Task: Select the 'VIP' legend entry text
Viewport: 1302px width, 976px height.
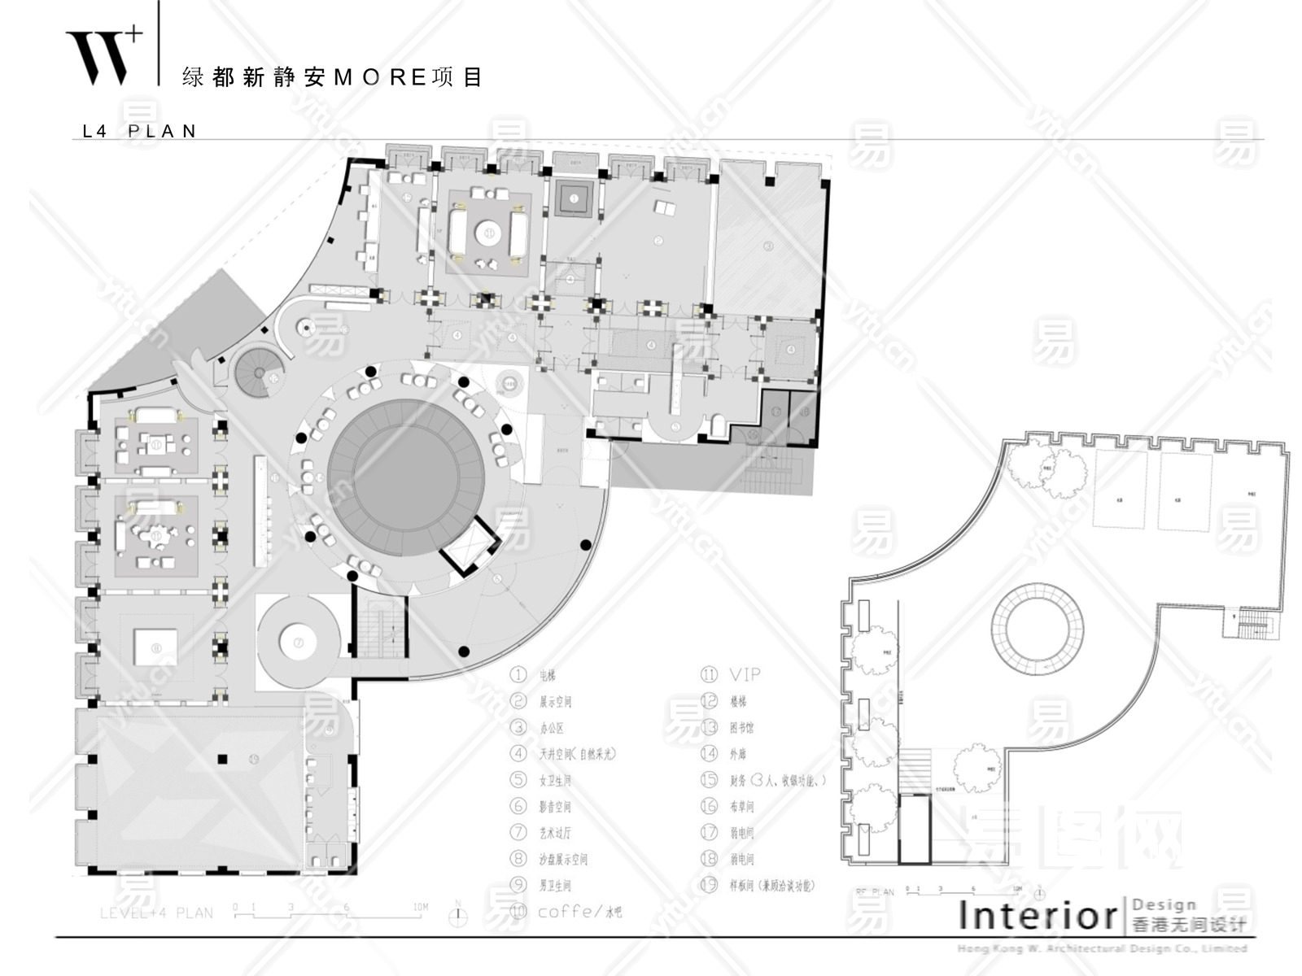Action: point(744,674)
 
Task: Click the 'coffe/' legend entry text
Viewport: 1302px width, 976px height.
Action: point(566,911)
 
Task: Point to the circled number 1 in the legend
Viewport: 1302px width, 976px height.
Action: point(518,675)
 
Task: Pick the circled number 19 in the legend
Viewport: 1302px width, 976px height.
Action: point(709,885)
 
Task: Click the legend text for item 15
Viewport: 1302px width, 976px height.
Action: point(777,780)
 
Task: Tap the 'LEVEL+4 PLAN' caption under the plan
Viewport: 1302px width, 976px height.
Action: point(156,913)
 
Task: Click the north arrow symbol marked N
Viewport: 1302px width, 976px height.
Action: point(460,913)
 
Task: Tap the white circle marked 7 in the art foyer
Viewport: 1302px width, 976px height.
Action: point(298,643)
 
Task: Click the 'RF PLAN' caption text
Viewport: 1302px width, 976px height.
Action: point(874,892)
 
